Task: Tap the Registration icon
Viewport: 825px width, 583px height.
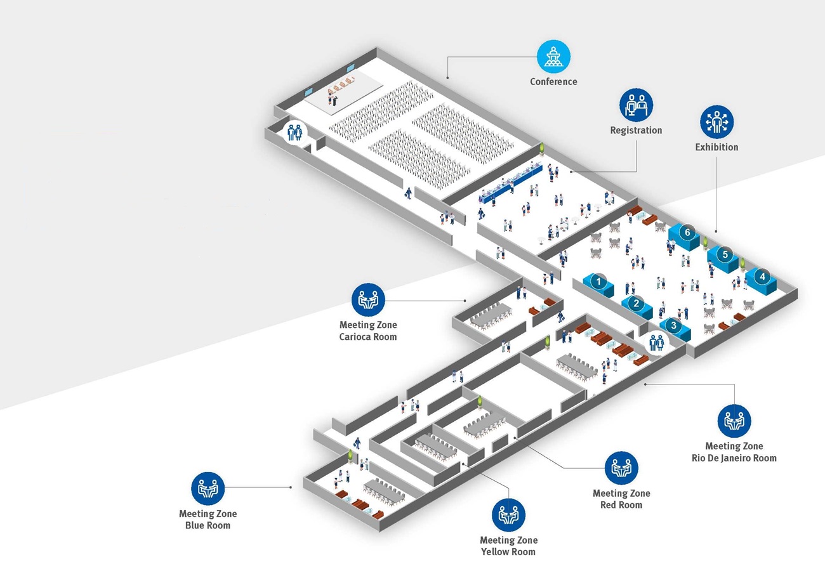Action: click(636, 105)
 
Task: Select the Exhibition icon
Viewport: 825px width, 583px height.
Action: click(716, 122)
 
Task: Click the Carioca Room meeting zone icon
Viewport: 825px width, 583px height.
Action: click(368, 299)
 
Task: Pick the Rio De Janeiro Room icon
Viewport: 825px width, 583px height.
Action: click(734, 421)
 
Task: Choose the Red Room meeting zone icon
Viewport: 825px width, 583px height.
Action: click(621, 468)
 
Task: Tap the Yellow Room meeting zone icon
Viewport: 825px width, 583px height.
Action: click(508, 514)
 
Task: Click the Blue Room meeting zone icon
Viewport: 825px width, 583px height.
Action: click(208, 488)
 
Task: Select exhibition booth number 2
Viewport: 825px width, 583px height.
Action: click(636, 304)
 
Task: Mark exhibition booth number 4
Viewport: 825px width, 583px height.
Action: click(763, 277)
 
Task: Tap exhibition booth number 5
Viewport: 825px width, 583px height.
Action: click(725, 255)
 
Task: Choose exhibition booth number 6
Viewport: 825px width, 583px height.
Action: click(687, 233)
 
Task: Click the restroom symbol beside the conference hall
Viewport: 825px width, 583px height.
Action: click(295, 133)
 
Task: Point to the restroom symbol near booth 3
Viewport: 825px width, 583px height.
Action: click(656, 343)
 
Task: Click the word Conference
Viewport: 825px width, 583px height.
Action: click(553, 81)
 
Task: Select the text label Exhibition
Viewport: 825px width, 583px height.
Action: click(716, 147)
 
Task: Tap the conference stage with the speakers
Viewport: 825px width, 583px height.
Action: click(343, 93)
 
